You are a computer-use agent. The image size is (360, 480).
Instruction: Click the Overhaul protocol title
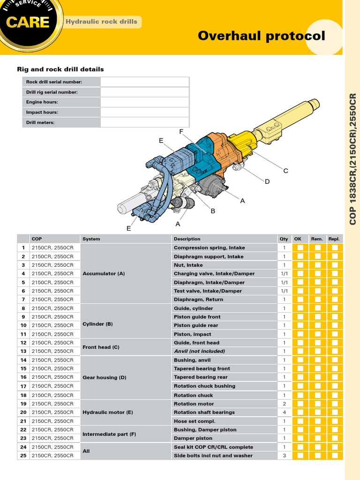(x=261, y=36)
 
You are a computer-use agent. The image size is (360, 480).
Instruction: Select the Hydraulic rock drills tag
(x=102, y=22)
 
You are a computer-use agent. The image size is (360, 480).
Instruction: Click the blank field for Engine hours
(x=144, y=102)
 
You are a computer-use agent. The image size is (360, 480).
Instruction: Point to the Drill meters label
(x=40, y=122)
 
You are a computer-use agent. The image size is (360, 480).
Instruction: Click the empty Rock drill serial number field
(x=144, y=82)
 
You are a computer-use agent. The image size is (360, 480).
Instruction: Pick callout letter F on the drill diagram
(x=181, y=132)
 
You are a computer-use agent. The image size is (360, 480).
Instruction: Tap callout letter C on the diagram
(x=285, y=171)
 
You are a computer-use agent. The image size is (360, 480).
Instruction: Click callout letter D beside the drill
(x=267, y=181)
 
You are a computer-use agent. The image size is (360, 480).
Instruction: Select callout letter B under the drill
(x=212, y=211)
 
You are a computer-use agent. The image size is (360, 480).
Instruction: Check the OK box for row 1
(x=300, y=247)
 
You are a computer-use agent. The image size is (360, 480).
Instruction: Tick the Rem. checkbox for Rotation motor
(x=318, y=404)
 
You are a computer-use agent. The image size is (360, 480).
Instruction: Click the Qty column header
(x=284, y=239)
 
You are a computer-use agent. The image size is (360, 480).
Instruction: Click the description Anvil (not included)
(x=199, y=351)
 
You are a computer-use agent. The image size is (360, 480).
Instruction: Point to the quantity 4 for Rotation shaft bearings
(x=284, y=412)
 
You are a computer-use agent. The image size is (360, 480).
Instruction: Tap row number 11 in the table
(x=23, y=334)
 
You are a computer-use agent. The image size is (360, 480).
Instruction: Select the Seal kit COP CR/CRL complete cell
(x=213, y=447)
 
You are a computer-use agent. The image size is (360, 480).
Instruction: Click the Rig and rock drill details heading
(x=60, y=69)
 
